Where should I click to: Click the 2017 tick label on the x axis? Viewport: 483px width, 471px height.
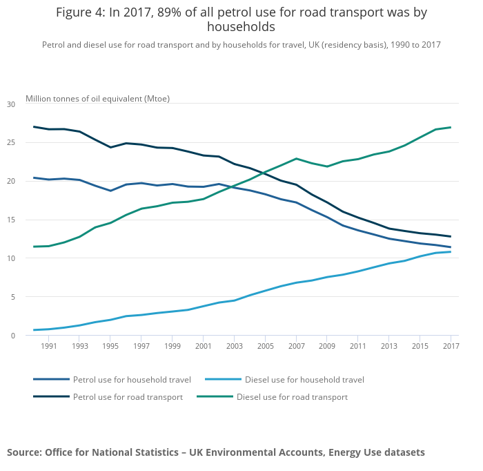[x=450, y=346]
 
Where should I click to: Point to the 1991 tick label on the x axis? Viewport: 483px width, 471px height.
[x=48, y=346]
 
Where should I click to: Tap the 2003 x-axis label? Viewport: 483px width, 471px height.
[x=234, y=346]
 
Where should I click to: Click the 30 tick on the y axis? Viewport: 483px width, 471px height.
[x=10, y=104]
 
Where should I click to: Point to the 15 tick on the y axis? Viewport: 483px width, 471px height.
[x=10, y=220]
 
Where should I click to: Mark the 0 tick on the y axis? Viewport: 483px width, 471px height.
[x=12, y=336]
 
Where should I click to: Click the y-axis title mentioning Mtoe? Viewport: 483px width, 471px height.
[x=97, y=99]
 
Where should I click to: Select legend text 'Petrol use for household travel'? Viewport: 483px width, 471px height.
[x=132, y=380]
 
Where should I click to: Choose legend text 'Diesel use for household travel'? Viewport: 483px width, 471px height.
[x=304, y=380]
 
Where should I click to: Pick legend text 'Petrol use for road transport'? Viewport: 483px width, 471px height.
[x=128, y=397]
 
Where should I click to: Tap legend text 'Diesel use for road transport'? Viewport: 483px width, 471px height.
[x=292, y=397]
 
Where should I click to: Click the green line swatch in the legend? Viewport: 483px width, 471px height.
[x=214, y=397]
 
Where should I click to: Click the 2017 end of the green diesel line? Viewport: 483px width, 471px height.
[x=450, y=127]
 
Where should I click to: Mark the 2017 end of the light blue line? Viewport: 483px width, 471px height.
[x=450, y=251]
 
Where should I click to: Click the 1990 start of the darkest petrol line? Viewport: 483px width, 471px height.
[x=34, y=126]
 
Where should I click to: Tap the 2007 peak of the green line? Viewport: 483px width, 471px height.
[x=296, y=159]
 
